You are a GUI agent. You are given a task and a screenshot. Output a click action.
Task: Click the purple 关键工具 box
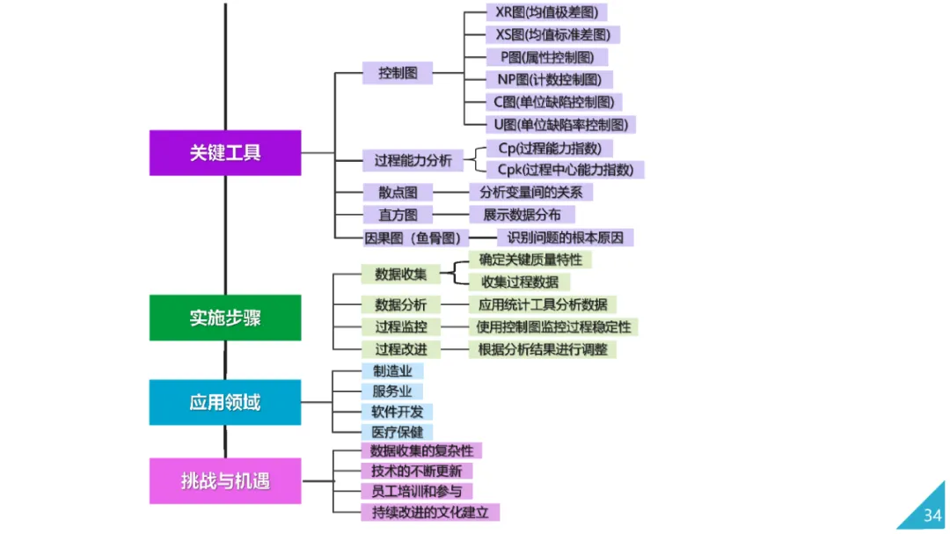coord(225,152)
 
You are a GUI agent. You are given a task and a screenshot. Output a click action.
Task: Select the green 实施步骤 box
coord(225,318)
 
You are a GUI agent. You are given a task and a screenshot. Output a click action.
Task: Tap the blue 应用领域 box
coord(225,403)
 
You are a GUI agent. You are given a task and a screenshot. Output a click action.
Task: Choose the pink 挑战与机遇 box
coord(225,481)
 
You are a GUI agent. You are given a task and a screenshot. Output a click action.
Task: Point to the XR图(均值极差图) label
coord(546,12)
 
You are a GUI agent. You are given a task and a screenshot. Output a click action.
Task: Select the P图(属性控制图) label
coord(547,57)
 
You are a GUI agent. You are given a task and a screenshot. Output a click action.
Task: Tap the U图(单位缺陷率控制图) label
coord(560,124)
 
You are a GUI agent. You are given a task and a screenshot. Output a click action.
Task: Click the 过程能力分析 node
coord(413,160)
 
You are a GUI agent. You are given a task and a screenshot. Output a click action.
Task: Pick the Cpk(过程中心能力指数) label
coord(559,169)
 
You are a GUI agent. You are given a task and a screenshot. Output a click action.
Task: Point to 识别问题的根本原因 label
coord(565,238)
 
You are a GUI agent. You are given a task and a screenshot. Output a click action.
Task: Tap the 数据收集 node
coord(401,274)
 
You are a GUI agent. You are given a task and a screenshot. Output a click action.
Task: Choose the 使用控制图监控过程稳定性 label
coord(553,326)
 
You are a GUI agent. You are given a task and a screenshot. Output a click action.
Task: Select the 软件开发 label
coord(397,412)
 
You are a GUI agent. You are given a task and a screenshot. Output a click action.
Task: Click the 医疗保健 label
coord(397,432)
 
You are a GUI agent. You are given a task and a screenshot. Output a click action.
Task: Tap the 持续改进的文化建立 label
coord(430,512)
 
